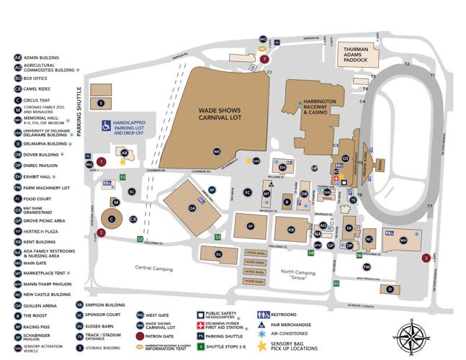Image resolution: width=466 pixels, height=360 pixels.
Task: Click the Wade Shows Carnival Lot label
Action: [214, 116]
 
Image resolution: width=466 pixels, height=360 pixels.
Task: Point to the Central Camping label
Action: [155, 268]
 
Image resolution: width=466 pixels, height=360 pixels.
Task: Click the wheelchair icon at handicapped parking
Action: [105, 127]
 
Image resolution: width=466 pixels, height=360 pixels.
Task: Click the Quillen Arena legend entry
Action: [40, 305]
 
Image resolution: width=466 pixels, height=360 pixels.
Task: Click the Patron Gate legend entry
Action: [163, 336]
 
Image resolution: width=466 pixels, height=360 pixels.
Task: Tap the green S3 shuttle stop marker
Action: [218, 236]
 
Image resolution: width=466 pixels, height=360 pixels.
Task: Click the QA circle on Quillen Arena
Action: [192, 207]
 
